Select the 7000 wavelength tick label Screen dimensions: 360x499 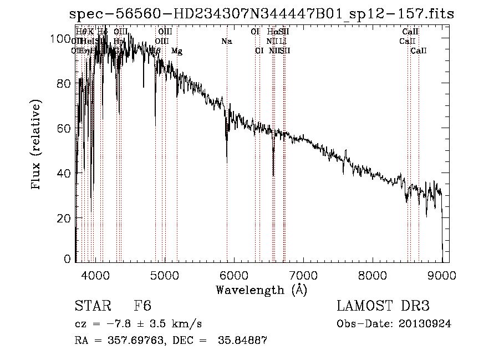(x=303, y=274)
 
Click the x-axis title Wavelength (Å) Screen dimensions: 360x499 (x=261, y=290)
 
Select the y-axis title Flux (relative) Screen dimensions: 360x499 (x=37, y=145)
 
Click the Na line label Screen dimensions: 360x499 (x=226, y=42)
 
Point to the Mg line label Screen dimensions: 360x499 (x=177, y=51)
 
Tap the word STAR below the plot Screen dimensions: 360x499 (x=92, y=306)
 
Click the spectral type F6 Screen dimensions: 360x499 (x=142, y=306)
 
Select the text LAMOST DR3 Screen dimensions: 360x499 (x=383, y=306)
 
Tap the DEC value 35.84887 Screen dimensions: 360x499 (x=246, y=341)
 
